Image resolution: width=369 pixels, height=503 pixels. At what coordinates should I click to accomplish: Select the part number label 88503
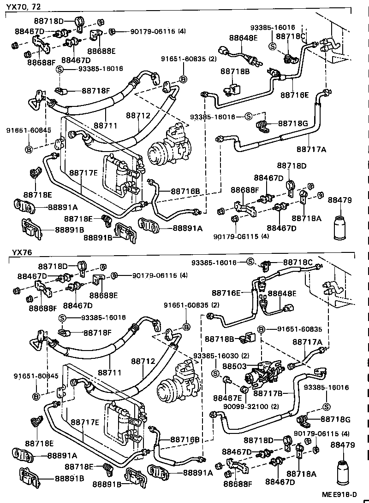pyautogui.click(x=233, y=366)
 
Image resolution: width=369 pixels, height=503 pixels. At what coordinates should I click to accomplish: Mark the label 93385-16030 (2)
pyautogui.click(x=221, y=356)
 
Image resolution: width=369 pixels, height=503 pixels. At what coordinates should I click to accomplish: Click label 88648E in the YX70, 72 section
pyautogui.click(x=242, y=38)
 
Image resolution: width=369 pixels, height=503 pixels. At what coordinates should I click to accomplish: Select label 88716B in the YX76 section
pyautogui.click(x=184, y=439)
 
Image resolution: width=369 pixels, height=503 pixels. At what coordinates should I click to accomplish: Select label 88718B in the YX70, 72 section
pyautogui.click(x=235, y=71)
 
